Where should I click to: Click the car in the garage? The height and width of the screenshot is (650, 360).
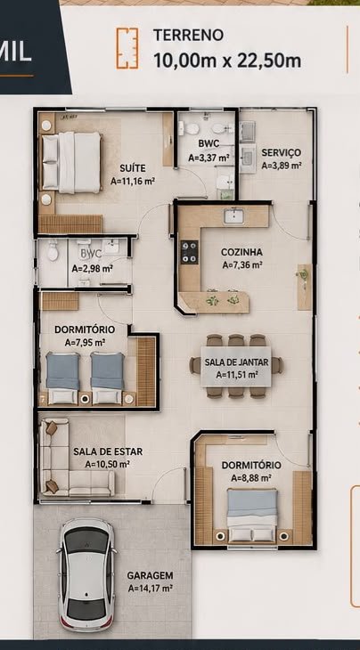[x=86, y=573]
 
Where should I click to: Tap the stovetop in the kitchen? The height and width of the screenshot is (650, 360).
[x=189, y=252]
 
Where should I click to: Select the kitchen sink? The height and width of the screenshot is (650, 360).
[x=233, y=216]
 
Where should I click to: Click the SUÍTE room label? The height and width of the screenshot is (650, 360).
[x=133, y=168]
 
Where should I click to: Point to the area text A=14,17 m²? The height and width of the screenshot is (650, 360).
[x=150, y=588]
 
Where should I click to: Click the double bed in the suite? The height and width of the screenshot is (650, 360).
[x=71, y=162]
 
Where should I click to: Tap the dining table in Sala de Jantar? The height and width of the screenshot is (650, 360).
[x=236, y=367]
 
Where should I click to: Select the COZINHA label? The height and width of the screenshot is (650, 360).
[x=241, y=252]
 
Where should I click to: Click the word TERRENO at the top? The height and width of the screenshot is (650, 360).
[x=188, y=36]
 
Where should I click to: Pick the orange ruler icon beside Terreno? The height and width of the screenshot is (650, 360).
[x=127, y=48]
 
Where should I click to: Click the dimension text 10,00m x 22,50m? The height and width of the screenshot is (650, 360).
[x=227, y=61]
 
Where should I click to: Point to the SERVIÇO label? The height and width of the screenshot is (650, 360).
[x=282, y=152]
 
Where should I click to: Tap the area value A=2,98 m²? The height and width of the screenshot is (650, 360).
[x=92, y=269]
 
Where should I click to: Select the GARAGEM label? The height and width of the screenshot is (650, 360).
[x=150, y=575]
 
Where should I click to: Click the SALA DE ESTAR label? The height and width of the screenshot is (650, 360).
[x=108, y=451]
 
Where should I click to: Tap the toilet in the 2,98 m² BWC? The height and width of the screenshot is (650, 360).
[x=53, y=251]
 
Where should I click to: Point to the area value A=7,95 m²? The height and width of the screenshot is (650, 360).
[x=85, y=343]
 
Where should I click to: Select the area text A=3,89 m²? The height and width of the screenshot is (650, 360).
[x=282, y=165]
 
